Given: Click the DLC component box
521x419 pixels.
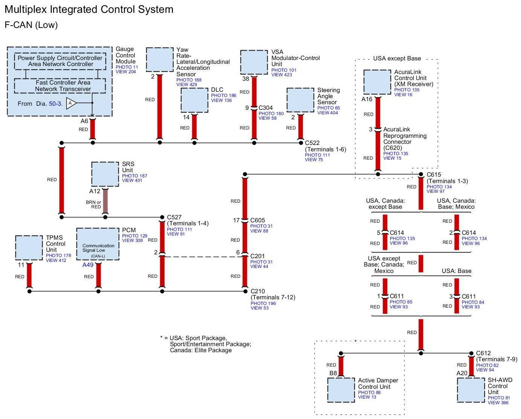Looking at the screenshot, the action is [x=195, y=100].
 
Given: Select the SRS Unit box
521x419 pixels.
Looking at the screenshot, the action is [x=105, y=174].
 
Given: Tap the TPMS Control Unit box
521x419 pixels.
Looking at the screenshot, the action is [x=29, y=248].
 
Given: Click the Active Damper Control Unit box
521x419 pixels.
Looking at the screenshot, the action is [x=341, y=390].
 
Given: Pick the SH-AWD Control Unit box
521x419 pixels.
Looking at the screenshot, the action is [x=471, y=390].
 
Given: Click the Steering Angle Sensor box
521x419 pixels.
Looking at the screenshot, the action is [x=300, y=100].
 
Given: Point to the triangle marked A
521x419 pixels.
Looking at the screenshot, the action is [x=71, y=103].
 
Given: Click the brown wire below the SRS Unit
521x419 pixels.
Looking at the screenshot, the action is [x=105, y=201].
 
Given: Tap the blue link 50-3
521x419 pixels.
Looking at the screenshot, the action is [x=55, y=104].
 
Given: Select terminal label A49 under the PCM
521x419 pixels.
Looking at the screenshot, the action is [x=88, y=265].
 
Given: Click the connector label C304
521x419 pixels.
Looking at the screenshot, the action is [x=265, y=108].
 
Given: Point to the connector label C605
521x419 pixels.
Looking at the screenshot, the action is [x=257, y=220].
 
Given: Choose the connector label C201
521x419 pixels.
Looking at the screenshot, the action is [x=257, y=256].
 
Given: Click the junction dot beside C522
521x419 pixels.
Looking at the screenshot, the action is [x=301, y=143].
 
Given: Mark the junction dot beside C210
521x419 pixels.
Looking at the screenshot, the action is [x=245, y=291].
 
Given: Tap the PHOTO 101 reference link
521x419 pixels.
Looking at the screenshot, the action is [x=283, y=70].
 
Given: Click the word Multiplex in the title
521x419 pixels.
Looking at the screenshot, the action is [x=26, y=10].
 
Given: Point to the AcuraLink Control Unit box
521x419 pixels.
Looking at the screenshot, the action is [x=377, y=82].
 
